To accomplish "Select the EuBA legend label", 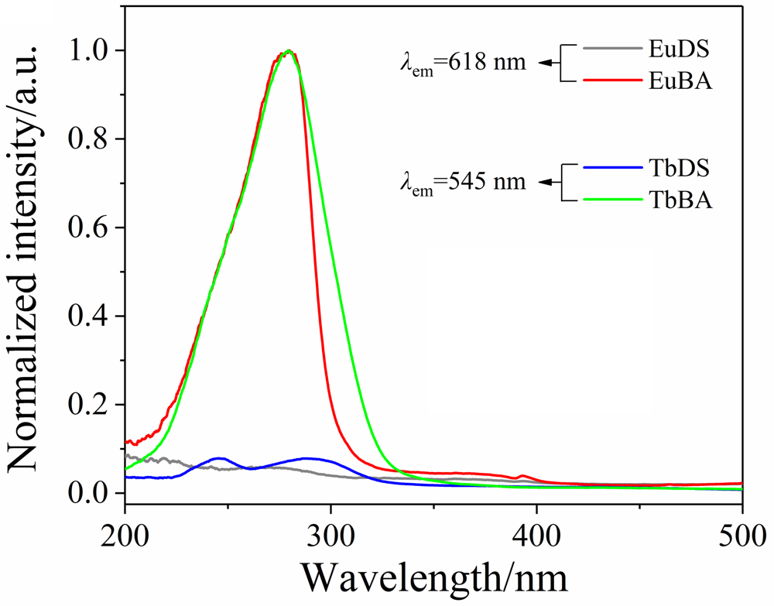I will (681, 80).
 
